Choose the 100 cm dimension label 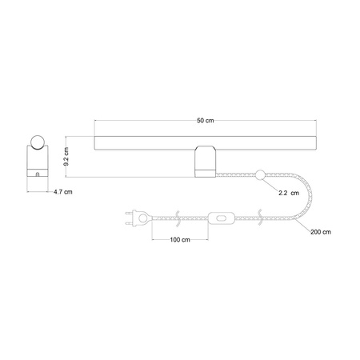click(x=179, y=239)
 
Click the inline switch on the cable click(x=220, y=216)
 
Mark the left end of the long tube click(x=97, y=145)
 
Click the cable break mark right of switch click(x=258, y=216)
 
